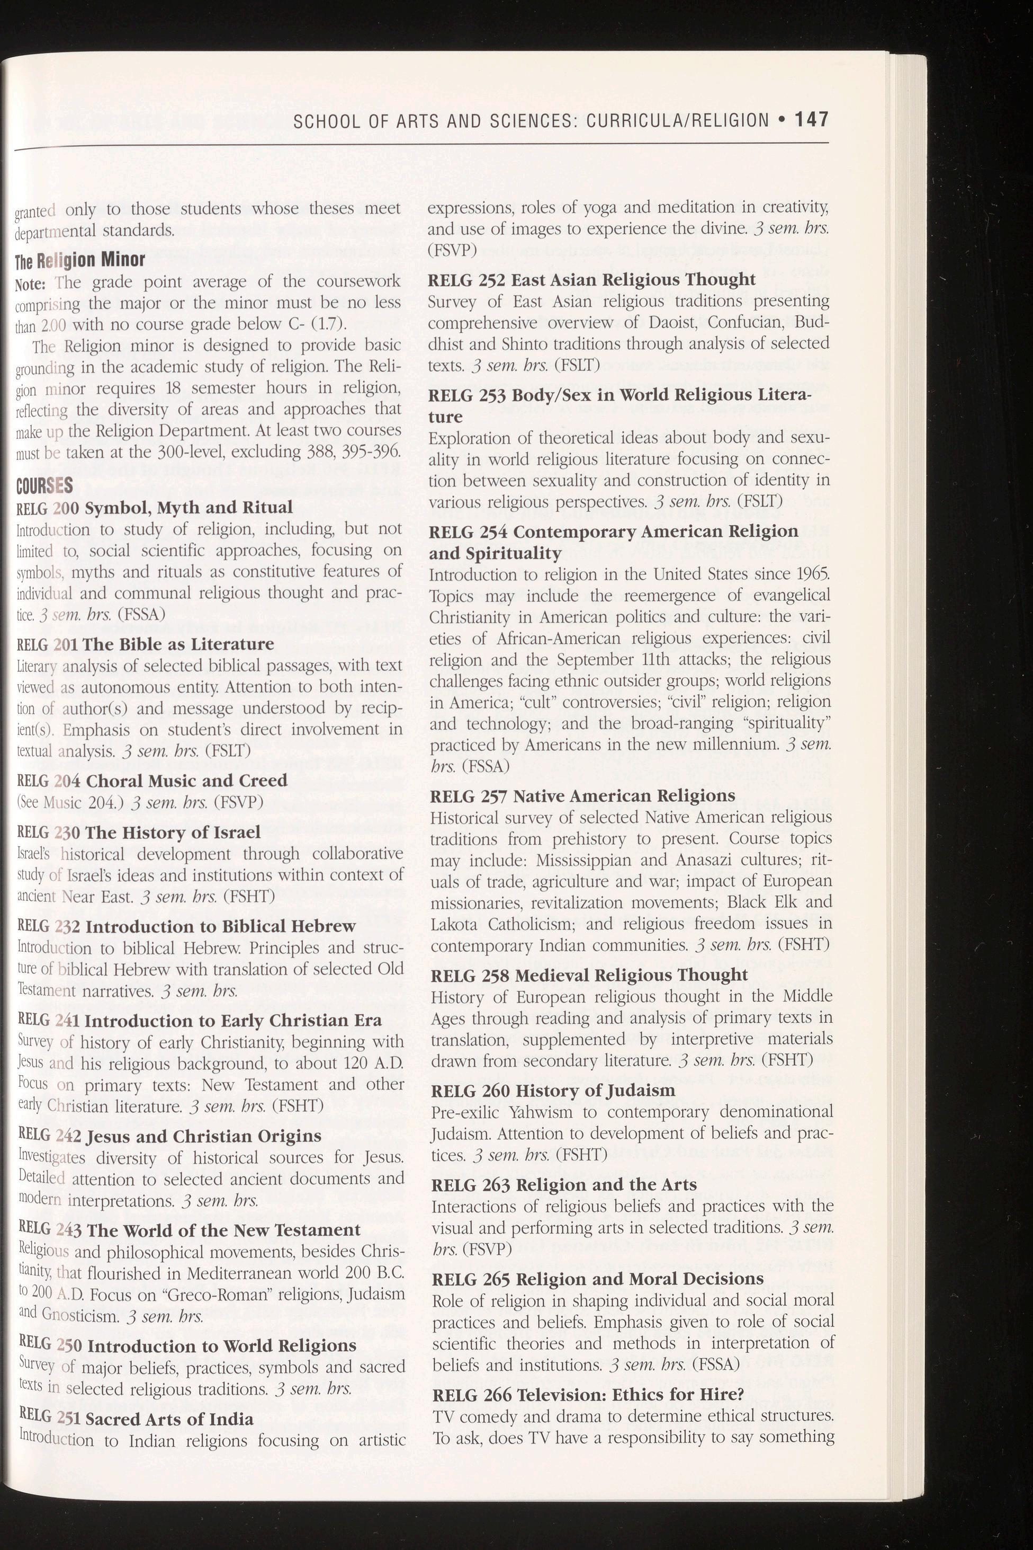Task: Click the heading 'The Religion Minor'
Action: point(79,259)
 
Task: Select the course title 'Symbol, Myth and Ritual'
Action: point(189,507)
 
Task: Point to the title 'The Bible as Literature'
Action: point(180,643)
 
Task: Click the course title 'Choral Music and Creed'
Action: point(187,781)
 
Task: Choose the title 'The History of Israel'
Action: point(173,832)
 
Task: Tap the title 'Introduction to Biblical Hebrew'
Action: point(221,926)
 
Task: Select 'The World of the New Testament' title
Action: point(223,1230)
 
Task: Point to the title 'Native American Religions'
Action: point(624,796)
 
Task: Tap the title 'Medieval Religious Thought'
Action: point(631,975)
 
